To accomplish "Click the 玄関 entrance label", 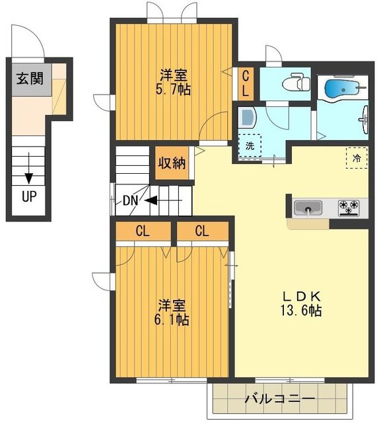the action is point(30,79).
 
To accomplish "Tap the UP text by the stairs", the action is point(29,196).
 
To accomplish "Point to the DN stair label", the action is point(131,201).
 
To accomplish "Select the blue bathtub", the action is point(343,87).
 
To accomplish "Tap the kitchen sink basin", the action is point(308,208).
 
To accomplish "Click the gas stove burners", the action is point(349,207).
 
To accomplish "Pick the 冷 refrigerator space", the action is point(357,158).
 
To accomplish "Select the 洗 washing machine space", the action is point(250,145).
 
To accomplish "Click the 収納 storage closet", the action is point(172,163).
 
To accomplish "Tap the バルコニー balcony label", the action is point(279,399).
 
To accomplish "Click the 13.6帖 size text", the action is point(301,311).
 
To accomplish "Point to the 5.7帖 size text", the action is point(173,89).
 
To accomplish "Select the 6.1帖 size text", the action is point(172,319).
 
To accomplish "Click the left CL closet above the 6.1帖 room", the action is point(143,231).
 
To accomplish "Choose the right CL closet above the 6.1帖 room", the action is point(203,231).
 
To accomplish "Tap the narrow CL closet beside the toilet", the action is point(246,83).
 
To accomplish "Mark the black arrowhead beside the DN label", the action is point(151,200).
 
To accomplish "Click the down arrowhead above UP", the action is point(29,178).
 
